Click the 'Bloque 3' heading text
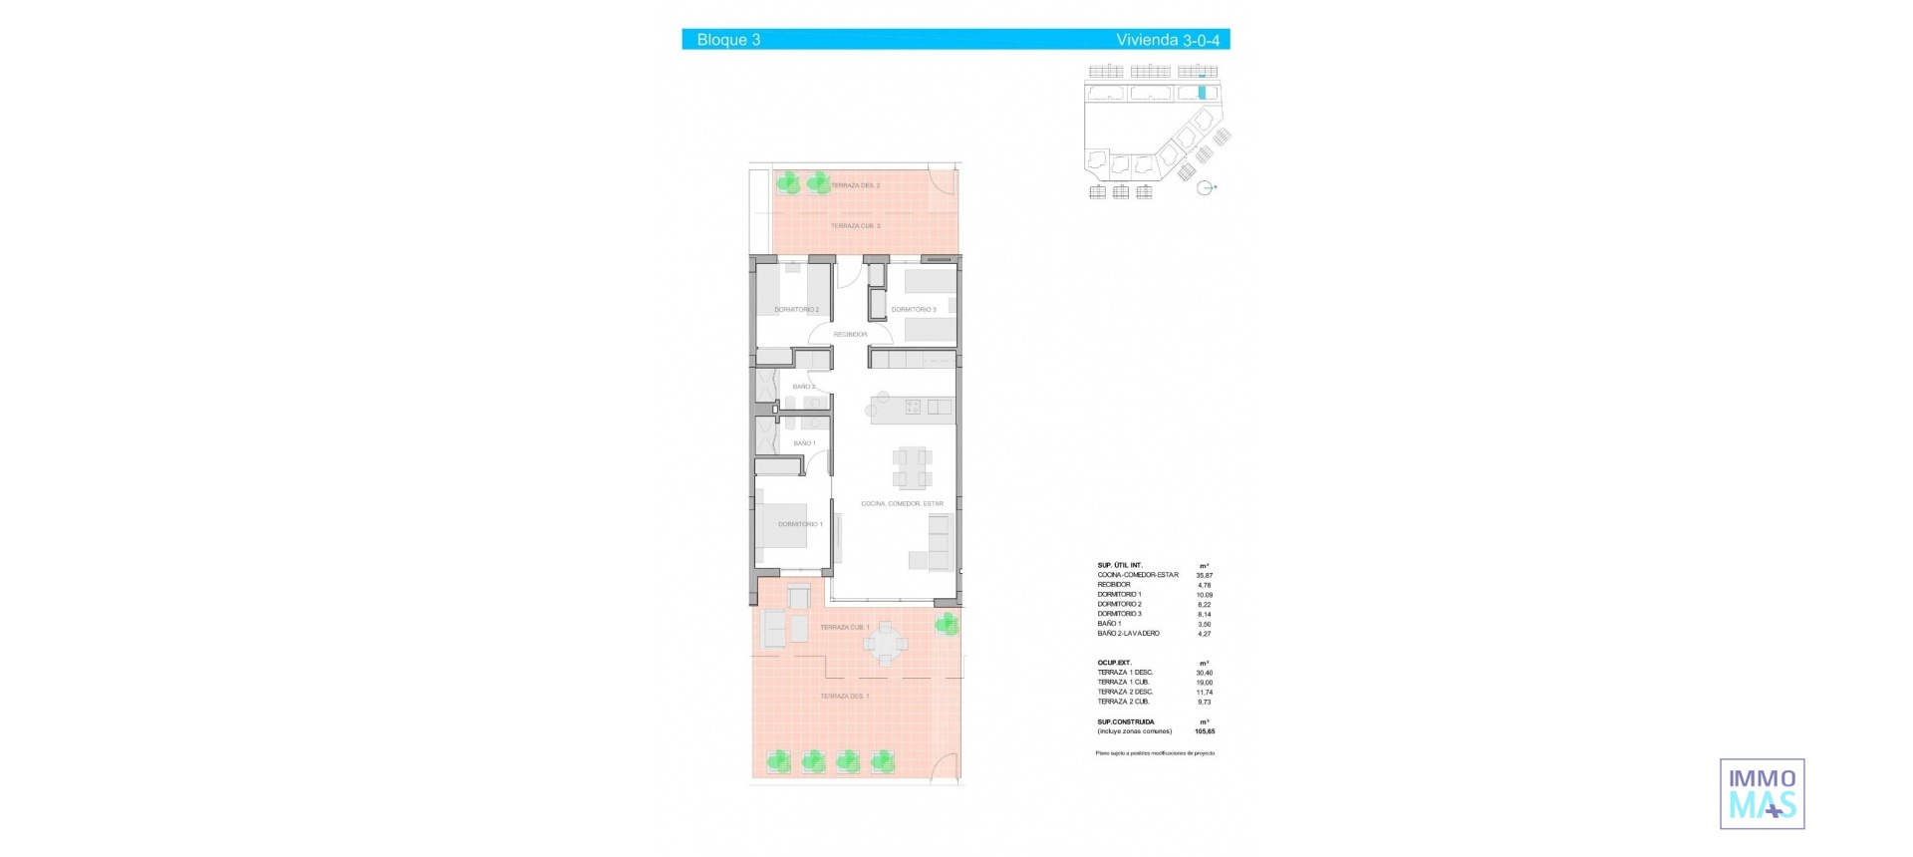point(728,40)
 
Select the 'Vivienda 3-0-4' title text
point(1167,40)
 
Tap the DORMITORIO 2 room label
point(796,310)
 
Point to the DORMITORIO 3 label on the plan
point(914,310)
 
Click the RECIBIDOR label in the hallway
point(850,335)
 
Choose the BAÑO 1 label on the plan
point(804,443)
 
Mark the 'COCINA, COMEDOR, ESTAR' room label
point(902,504)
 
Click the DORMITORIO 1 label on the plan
point(800,524)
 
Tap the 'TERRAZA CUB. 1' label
point(844,628)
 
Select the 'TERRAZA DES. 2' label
point(855,186)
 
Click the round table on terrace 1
point(885,644)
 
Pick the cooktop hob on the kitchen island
point(913,407)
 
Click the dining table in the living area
point(913,467)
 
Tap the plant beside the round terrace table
point(947,625)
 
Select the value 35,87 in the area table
point(1204,576)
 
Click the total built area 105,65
point(1204,731)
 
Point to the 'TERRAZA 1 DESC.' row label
point(1125,673)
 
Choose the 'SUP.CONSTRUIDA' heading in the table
point(1126,721)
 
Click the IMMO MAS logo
point(1762,794)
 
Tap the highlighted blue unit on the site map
point(1202,93)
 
